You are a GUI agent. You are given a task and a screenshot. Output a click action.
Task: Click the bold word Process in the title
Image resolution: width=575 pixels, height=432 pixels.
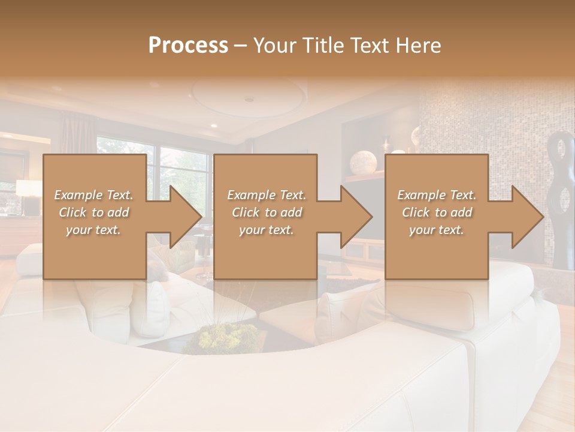[x=188, y=45]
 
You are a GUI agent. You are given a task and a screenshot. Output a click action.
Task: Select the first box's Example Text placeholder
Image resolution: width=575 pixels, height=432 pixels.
[x=93, y=195]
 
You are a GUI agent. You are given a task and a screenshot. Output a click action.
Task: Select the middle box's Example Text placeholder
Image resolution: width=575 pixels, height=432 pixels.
[x=267, y=195]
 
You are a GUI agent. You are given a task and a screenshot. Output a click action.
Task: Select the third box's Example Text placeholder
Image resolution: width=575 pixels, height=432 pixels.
[x=437, y=195]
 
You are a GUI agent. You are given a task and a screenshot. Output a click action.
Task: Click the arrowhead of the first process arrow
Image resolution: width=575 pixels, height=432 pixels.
[x=186, y=217]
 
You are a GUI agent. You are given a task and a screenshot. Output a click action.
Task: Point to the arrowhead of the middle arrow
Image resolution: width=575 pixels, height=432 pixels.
[x=356, y=217]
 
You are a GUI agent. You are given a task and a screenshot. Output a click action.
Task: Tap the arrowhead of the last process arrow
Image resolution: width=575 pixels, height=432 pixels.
[x=528, y=217]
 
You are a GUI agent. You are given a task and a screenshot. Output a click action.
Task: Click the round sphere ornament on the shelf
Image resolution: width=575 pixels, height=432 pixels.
[x=363, y=163]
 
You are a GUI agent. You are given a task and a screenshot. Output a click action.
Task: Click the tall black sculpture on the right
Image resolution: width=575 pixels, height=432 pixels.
[x=563, y=198]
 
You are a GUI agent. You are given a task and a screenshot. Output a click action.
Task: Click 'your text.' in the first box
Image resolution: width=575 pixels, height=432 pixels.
[x=93, y=230]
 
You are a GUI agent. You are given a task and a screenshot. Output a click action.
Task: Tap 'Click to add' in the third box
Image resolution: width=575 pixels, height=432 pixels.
[x=437, y=212]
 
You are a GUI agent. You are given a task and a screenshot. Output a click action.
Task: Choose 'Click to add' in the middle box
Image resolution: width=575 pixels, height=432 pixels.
[x=267, y=212]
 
